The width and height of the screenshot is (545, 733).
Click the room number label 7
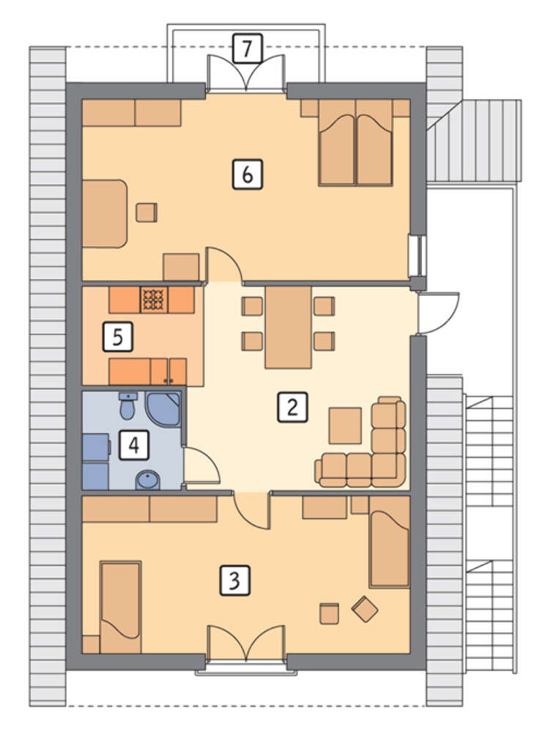click(248, 48)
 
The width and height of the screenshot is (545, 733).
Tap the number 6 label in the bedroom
click(248, 174)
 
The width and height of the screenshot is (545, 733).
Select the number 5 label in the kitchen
click(118, 336)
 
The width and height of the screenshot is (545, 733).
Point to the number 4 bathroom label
click(134, 445)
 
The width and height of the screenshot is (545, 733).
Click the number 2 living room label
click(292, 407)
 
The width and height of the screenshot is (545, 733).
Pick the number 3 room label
click(235, 581)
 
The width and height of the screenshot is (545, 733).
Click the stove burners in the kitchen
click(154, 300)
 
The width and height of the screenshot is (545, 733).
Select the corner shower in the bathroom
click(163, 409)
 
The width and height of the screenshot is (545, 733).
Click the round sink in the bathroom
click(147, 480)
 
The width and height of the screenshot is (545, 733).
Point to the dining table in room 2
click(288, 327)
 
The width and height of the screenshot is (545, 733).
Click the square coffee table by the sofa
click(345, 425)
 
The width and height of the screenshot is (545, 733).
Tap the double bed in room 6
click(355, 143)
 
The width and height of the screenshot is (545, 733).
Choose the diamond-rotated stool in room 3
click(365, 609)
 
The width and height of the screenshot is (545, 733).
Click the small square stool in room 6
click(147, 213)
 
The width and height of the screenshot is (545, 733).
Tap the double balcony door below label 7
click(245, 72)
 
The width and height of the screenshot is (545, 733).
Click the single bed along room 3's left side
click(120, 607)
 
